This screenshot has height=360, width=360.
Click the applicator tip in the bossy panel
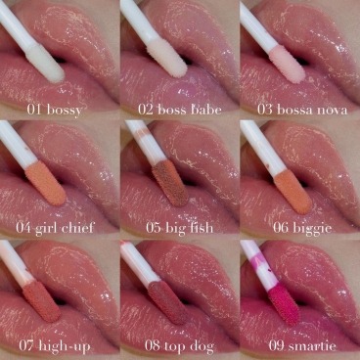[41, 61]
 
